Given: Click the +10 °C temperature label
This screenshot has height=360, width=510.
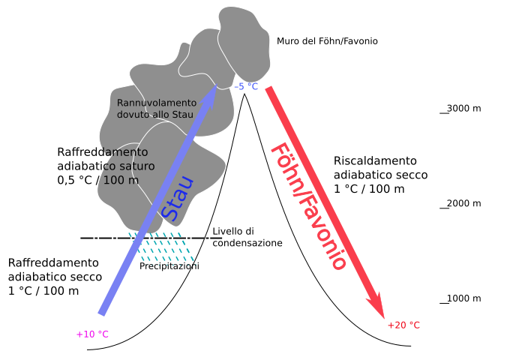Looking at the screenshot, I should (x=92, y=334).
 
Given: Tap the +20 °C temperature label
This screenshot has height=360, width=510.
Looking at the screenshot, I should (x=403, y=325).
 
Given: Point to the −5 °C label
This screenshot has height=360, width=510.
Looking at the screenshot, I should (x=245, y=87).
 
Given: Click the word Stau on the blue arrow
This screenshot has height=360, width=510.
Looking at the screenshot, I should (x=178, y=199).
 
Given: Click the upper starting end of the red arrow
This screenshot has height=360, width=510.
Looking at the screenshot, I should (x=269, y=89).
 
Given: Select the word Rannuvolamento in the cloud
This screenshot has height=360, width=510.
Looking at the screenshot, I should (x=157, y=103).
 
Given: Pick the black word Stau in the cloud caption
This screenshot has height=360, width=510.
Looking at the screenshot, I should (x=184, y=115).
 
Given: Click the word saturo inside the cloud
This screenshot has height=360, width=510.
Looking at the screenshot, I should (x=136, y=166).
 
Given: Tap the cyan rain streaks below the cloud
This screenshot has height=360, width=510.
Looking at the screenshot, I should (x=161, y=247).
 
